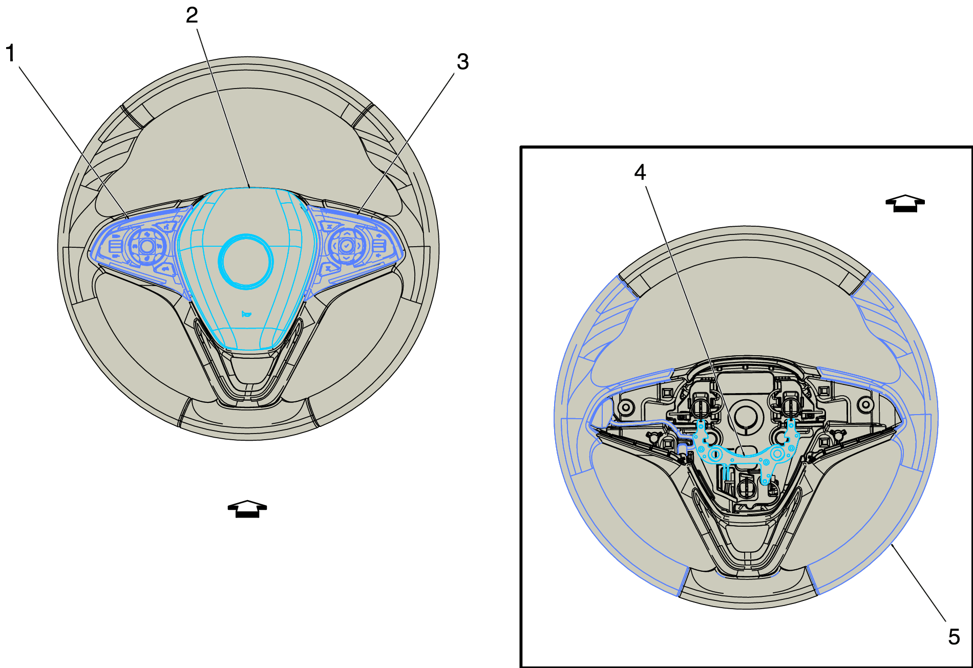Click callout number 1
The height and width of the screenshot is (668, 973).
[x=10, y=53]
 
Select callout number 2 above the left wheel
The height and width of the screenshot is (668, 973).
[x=192, y=15]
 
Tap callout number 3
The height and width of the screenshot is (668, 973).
[x=462, y=62]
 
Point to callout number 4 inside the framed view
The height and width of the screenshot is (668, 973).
[x=640, y=173]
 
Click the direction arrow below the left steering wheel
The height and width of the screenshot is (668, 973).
[x=247, y=509]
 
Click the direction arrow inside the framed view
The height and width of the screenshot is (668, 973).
[x=905, y=203]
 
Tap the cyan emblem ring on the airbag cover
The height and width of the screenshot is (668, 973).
[x=246, y=261]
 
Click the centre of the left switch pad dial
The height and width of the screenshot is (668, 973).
[x=147, y=246]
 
